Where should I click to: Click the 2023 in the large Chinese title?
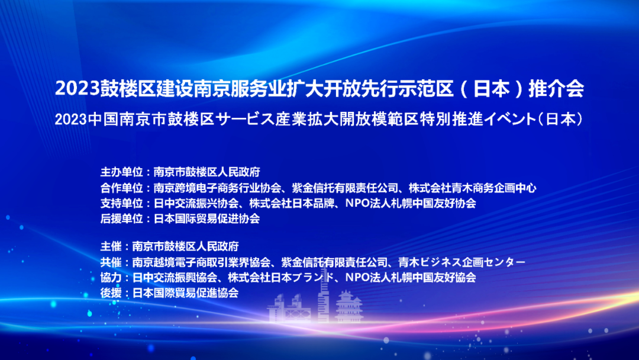[78, 88]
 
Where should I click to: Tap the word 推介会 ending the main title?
[556, 88]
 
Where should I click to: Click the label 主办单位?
[121, 172]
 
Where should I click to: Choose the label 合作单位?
[121, 188]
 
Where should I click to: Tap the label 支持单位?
[121, 203]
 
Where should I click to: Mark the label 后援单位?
[121, 218]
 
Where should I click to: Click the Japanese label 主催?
[111, 246]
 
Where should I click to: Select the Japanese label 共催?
[111, 262]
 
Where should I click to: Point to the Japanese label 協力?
[111, 277]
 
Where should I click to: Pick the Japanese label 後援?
[111, 292]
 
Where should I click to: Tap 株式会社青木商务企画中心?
[472, 188]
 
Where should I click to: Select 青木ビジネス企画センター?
[461, 262]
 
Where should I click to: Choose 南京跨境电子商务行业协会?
[218, 188]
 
